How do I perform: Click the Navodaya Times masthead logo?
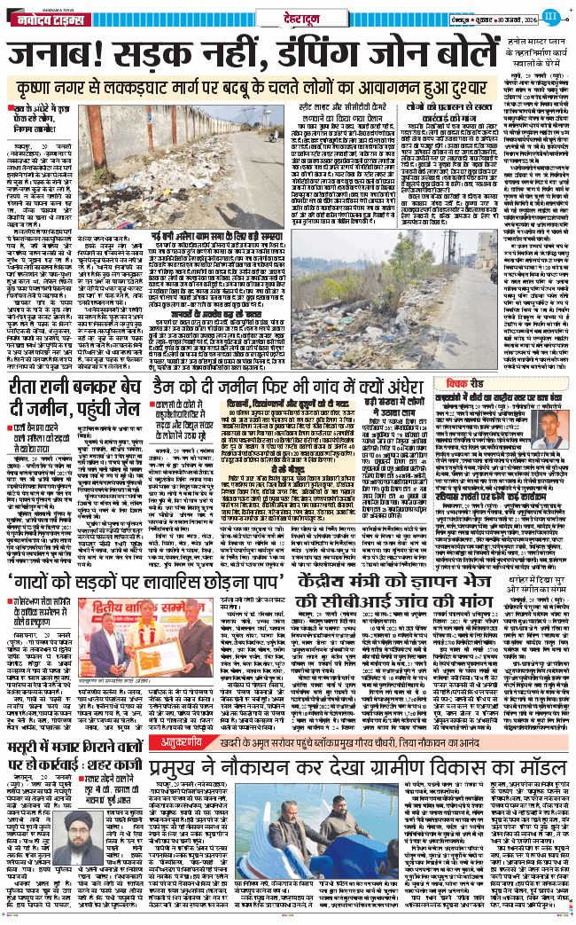[x=43, y=17]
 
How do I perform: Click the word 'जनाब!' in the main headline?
[x=52, y=55]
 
